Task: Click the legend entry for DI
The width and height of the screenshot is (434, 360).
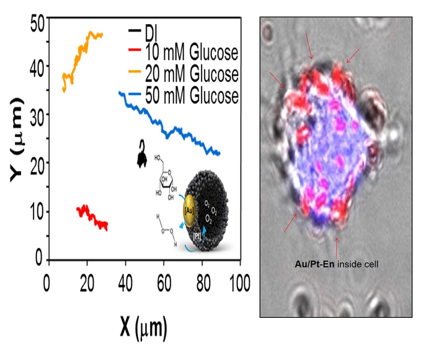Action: click(153, 30)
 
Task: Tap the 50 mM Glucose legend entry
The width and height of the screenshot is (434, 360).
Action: click(182, 96)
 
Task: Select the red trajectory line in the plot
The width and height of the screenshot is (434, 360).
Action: click(92, 216)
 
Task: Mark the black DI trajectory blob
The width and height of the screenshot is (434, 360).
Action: click(142, 156)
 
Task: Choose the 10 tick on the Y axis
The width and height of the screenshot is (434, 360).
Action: click(35, 212)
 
